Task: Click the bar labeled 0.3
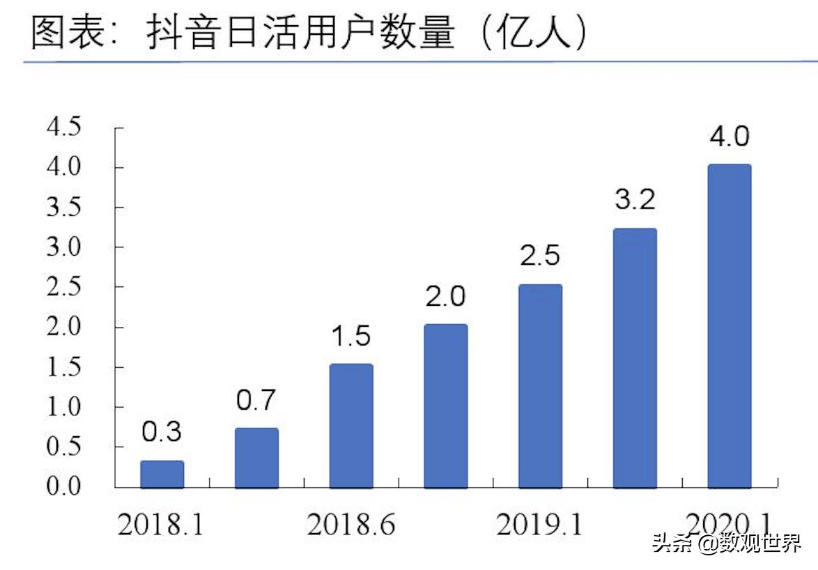pyautogui.click(x=162, y=474)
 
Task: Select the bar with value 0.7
pyautogui.click(x=256, y=458)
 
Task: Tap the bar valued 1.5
pyautogui.click(x=351, y=426)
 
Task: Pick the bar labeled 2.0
pyautogui.click(x=446, y=406)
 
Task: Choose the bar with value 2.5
pyautogui.click(x=541, y=385)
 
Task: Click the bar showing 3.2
pyautogui.click(x=635, y=357)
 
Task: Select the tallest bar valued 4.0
pyautogui.click(x=730, y=325)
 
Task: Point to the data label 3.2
pyautogui.click(x=635, y=200)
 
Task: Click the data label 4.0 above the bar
pyautogui.click(x=730, y=137)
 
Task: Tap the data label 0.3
pyautogui.click(x=162, y=432)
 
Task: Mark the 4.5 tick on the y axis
pyautogui.click(x=64, y=128)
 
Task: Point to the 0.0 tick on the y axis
pyautogui.click(x=64, y=486)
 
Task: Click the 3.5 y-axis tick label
pyautogui.click(x=64, y=208)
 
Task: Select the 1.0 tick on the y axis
pyautogui.click(x=64, y=407)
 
